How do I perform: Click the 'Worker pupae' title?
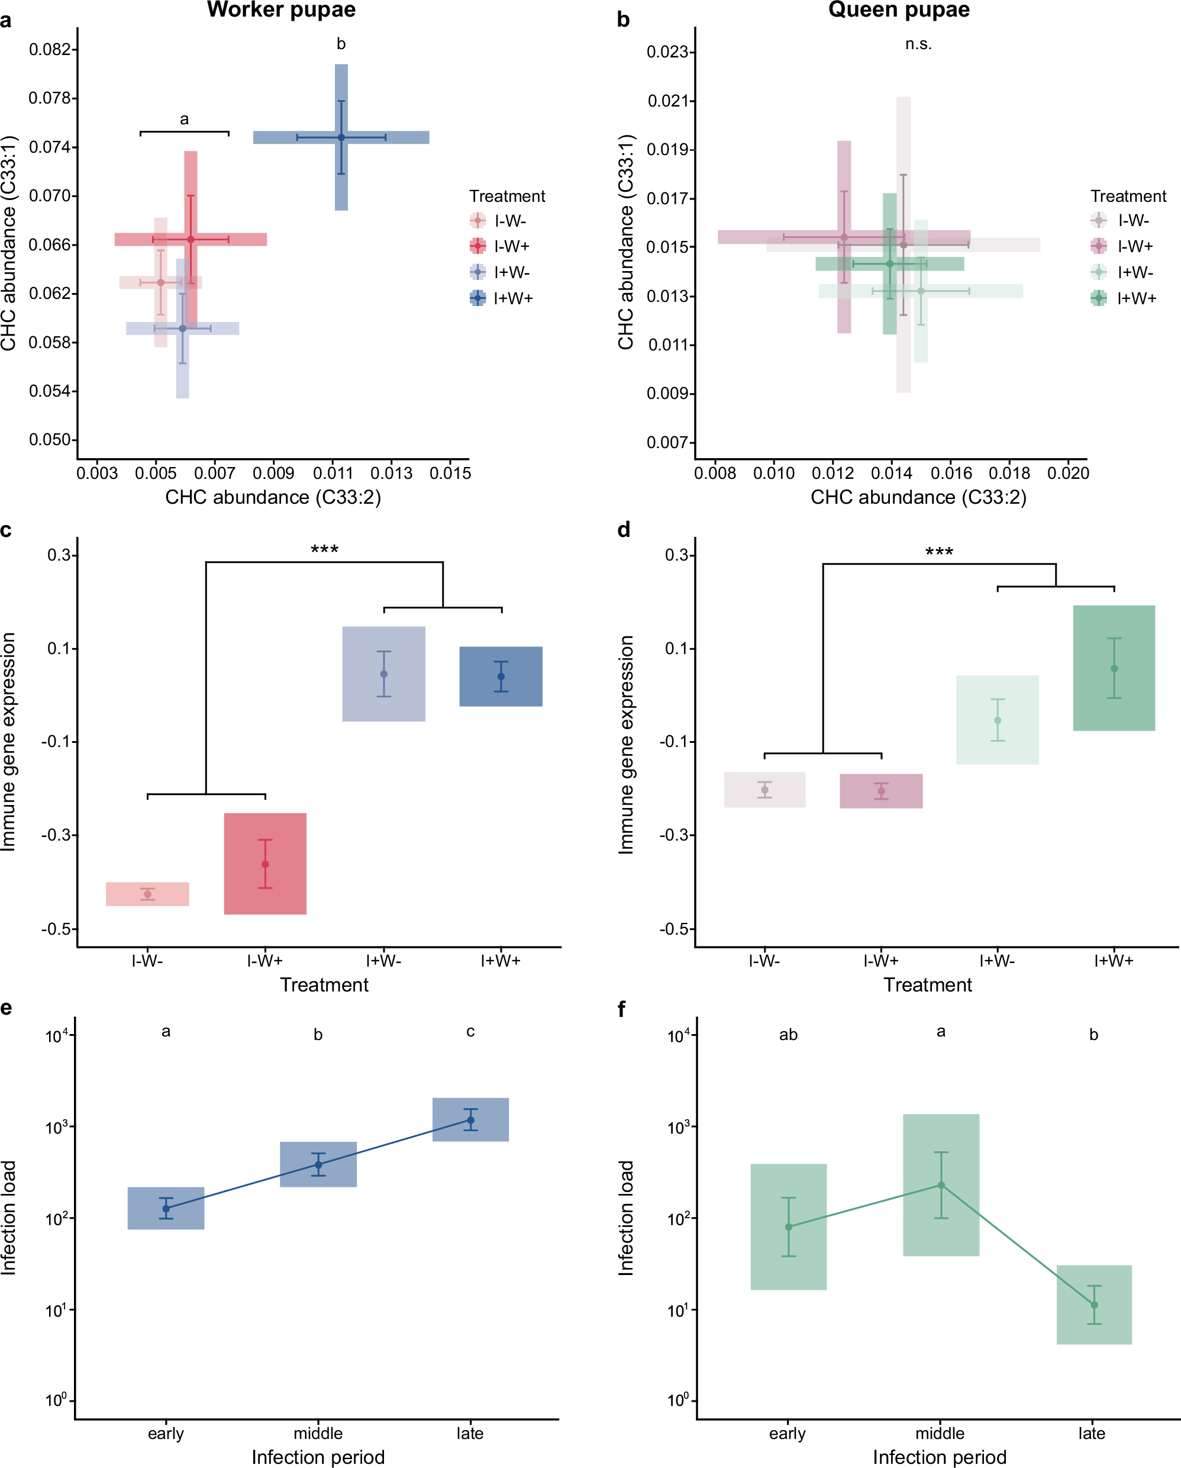(281, 10)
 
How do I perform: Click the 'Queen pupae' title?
(899, 10)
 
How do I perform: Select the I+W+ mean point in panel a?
(341, 137)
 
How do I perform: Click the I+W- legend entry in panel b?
(1123, 272)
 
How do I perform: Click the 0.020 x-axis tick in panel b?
(1067, 473)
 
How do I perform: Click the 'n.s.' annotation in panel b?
(918, 44)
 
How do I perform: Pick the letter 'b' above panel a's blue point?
(341, 44)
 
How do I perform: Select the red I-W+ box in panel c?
(265, 864)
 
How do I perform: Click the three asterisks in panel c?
(325, 549)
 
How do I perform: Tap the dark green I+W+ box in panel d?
(1114, 668)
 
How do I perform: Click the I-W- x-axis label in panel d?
(764, 961)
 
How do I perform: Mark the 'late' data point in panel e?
(470, 1120)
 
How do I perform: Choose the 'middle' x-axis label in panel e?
(318, 1433)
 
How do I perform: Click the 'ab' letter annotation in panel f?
(788, 1035)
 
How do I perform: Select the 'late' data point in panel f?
(1094, 1305)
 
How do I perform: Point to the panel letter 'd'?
(624, 529)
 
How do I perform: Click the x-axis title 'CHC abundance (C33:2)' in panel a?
(273, 497)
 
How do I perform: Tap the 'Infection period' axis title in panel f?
(940, 1457)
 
